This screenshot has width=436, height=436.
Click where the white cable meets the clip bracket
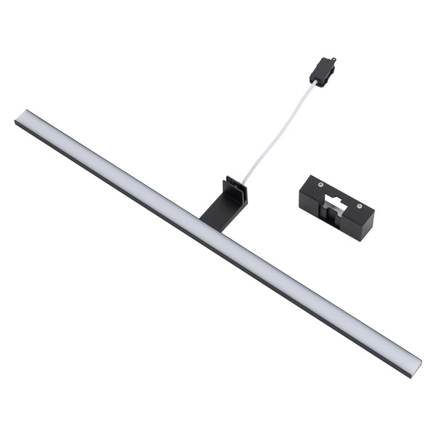pyautogui.click(x=244, y=182)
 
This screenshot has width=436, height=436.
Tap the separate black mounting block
pyautogui.click(x=336, y=206)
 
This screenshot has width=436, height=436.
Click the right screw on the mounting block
pyautogui.click(x=359, y=206)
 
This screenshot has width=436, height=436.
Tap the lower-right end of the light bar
pyautogui.click(x=414, y=368)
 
